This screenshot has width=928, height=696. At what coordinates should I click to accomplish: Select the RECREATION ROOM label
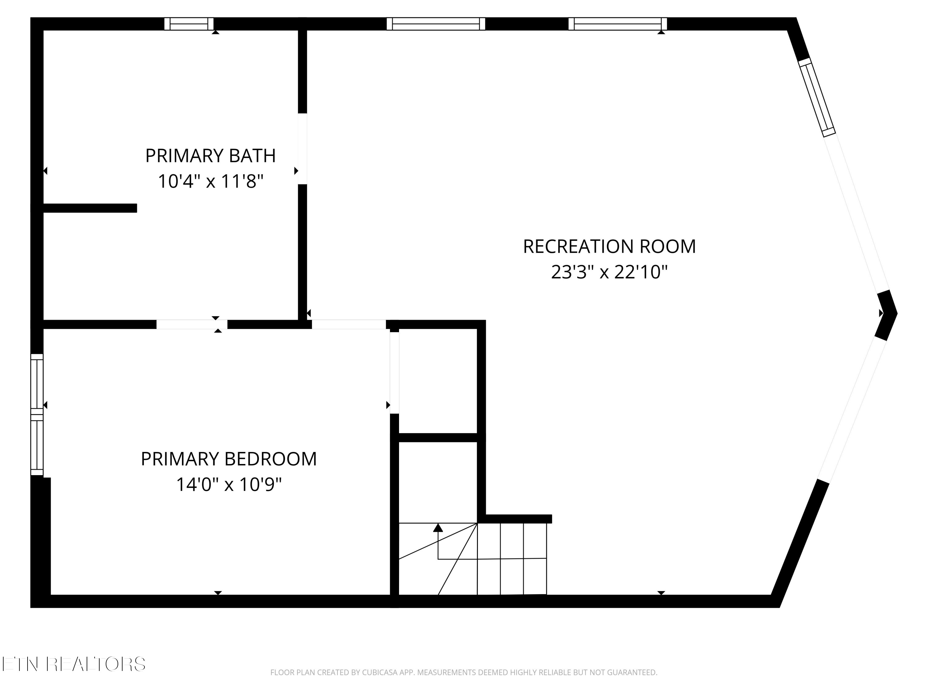pos(609,246)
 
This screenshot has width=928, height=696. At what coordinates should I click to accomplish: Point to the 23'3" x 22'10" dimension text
pos(609,272)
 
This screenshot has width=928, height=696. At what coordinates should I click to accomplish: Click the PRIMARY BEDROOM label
pos(229,459)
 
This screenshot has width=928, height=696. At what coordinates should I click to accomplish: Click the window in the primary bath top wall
pos(189,24)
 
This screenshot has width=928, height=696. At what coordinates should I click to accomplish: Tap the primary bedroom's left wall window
pos(37,415)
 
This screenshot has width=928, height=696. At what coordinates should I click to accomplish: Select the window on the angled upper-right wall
pos(817,97)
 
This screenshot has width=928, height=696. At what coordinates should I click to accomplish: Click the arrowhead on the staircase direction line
pos(438,528)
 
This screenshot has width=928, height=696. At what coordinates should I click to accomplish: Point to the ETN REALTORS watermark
pos(74,664)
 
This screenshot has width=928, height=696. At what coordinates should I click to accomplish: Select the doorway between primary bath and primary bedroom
pos(192,324)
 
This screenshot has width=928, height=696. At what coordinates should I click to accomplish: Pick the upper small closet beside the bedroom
pos(438,381)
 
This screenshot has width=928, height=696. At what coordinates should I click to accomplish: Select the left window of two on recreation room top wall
pos(436,24)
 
